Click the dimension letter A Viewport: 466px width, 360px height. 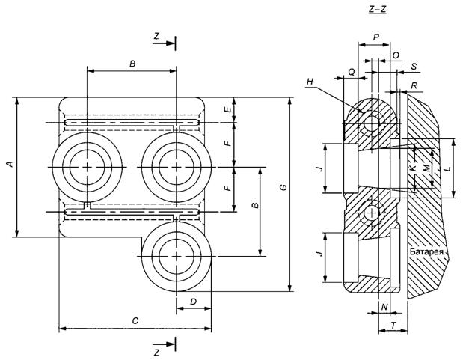pos(8,164)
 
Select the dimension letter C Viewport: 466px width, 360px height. pos(135,320)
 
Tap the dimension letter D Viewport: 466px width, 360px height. pos(193,302)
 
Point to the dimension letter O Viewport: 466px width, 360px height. pos(396,55)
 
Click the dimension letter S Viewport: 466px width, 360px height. pos(414,67)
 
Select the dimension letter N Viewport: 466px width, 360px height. pos(384,307)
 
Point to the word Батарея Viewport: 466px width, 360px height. pos(427,253)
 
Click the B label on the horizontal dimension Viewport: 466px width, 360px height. pos(132,64)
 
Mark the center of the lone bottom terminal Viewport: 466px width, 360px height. pos(175,255)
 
